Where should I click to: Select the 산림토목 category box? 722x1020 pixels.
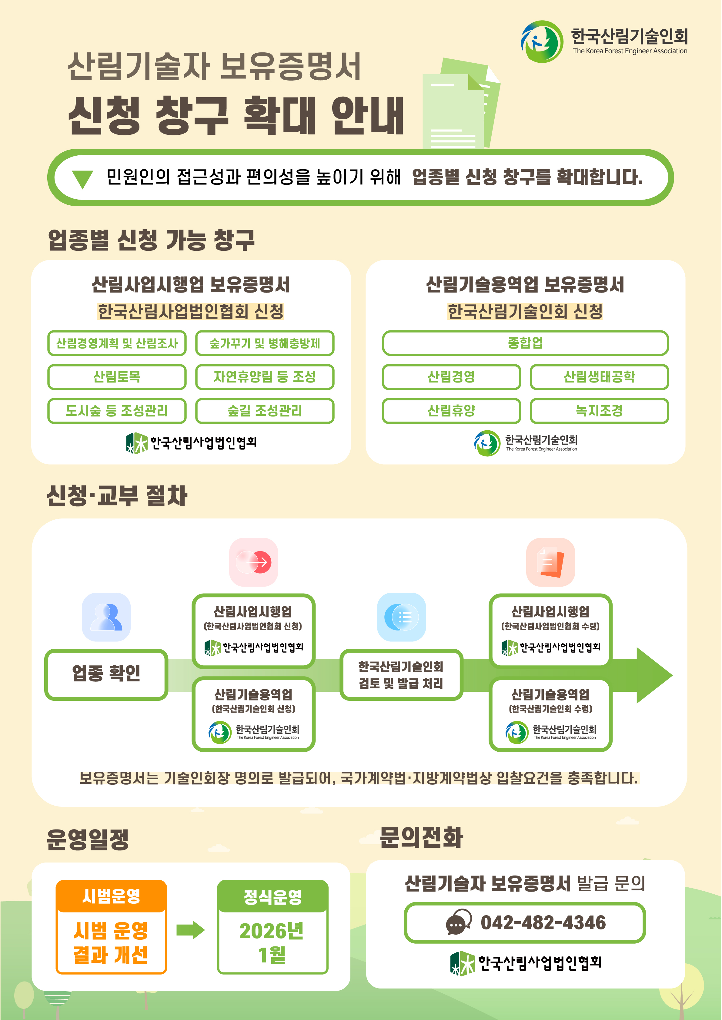pos(117,377)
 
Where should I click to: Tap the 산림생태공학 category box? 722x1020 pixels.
pos(599,377)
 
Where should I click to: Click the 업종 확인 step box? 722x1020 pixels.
pos(106,674)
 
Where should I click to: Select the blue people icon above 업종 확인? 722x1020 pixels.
pos(106,617)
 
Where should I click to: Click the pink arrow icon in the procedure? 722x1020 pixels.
pos(253,562)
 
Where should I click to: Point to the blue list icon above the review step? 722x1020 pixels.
pos(401,617)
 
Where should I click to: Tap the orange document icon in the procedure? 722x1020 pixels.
pos(550,562)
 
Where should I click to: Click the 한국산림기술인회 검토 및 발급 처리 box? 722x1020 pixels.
pos(401,675)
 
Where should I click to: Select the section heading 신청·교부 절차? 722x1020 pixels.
pos(117,495)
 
